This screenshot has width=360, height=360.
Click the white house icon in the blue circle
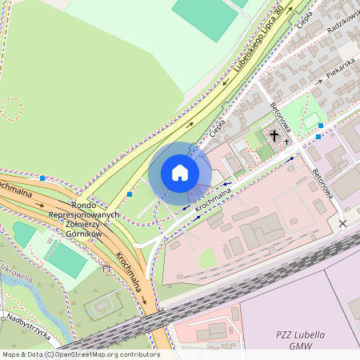(x=180, y=173)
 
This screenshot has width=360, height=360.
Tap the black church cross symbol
(x=274, y=137)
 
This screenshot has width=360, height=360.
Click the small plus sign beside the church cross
(x=287, y=142)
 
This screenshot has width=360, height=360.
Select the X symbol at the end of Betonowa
(x=343, y=223)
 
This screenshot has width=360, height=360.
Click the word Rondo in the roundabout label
(x=84, y=205)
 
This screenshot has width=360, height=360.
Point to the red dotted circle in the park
(x=11, y=109)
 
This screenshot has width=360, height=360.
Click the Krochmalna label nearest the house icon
(x=213, y=199)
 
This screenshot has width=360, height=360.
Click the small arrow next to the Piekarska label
(x=330, y=78)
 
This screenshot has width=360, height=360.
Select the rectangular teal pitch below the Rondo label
(x=66, y=260)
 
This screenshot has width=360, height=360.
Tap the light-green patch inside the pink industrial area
(x=208, y=258)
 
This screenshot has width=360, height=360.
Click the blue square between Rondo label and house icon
(x=130, y=194)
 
